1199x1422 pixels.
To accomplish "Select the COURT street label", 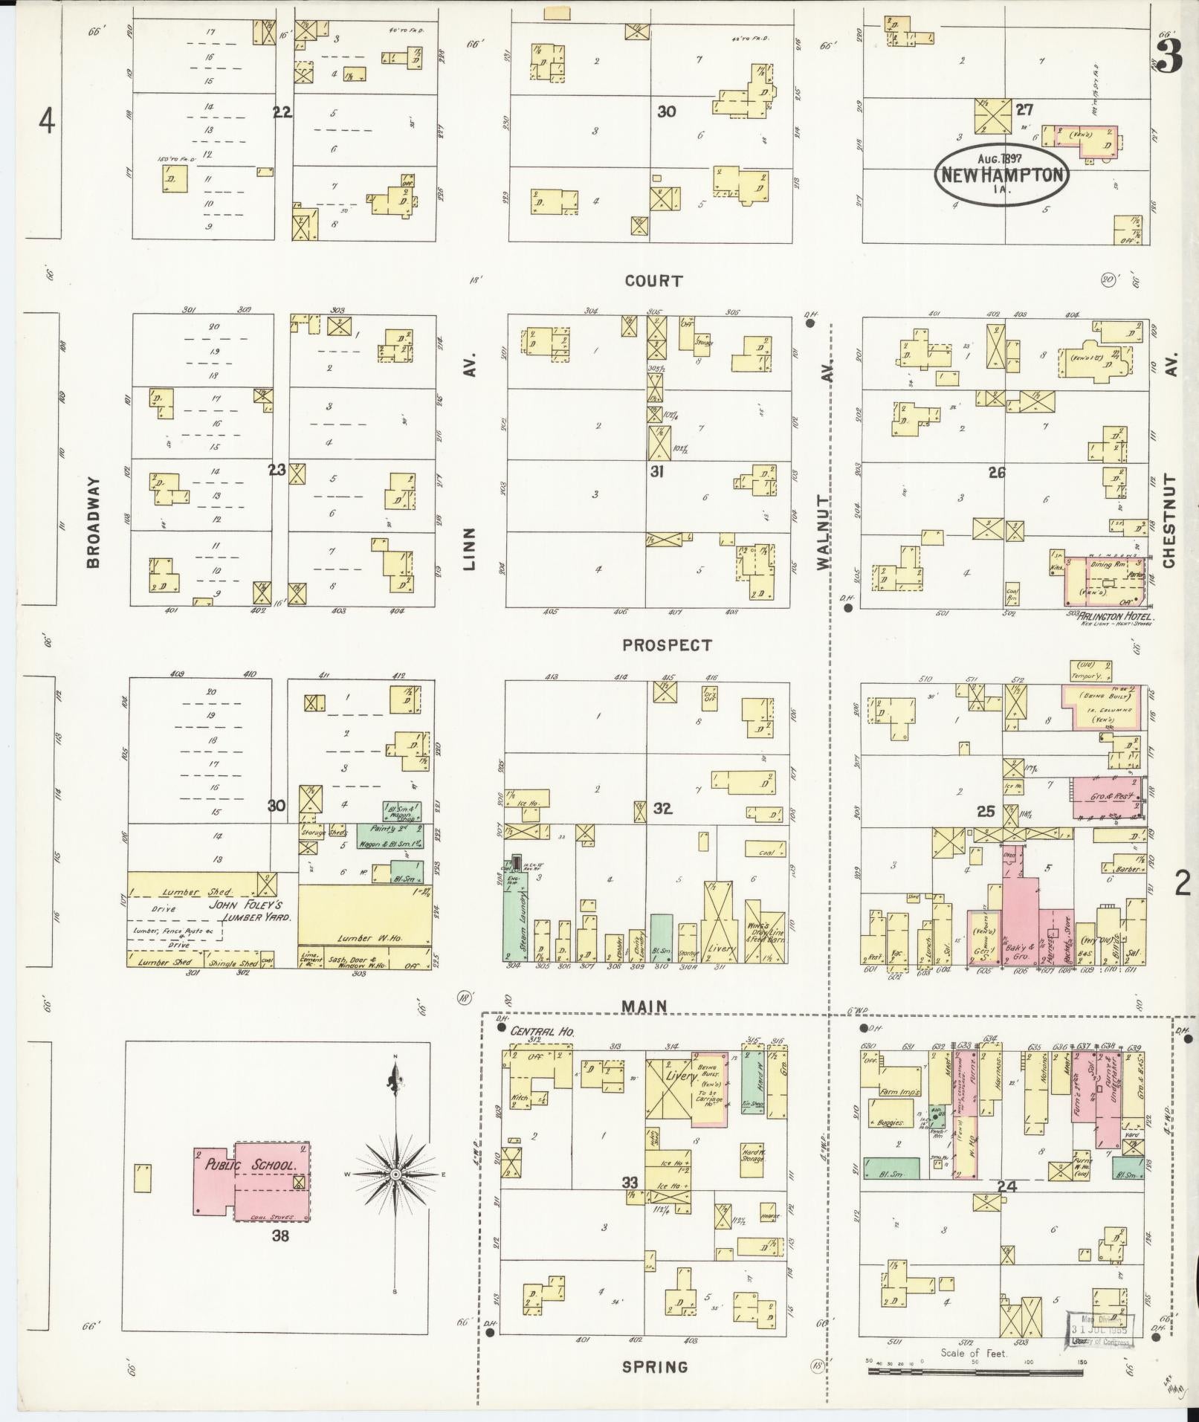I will point(653,281).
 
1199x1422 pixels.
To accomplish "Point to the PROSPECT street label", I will point(667,645).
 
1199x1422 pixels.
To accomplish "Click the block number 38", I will point(279,1236).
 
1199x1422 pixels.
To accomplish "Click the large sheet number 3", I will point(1169,58).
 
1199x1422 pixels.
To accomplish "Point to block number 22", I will point(282,112).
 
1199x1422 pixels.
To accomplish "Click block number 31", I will point(656,471).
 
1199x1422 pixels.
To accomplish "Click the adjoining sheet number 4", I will point(47,121).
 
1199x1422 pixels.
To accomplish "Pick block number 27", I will point(1025,109).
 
